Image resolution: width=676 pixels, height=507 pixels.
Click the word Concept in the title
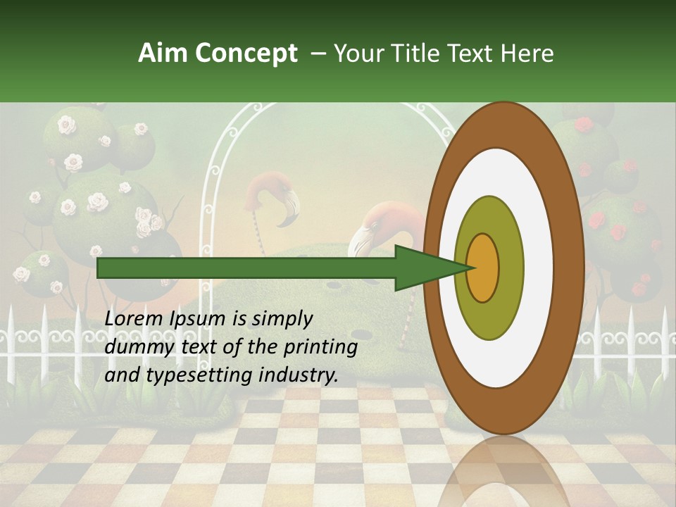click(x=246, y=54)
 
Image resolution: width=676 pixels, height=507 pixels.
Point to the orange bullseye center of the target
click(x=482, y=268)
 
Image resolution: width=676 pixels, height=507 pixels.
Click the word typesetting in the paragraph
click(x=195, y=375)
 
